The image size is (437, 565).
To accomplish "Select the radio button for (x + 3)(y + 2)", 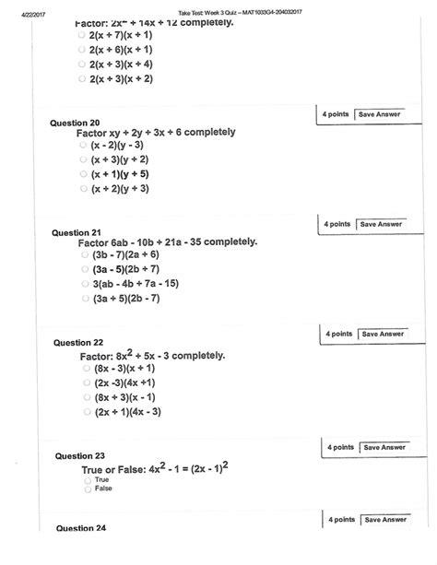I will tap(83, 159).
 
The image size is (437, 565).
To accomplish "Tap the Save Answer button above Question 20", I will tap(380, 113).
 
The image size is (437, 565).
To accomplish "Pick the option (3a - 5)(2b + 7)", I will tap(84, 269).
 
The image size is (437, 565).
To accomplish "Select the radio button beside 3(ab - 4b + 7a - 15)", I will tap(84, 284).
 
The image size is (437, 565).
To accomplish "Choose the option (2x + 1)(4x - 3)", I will tap(84, 411).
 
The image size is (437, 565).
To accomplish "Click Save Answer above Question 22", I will tap(382, 334).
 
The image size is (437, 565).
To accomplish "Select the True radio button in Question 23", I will tap(88, 480).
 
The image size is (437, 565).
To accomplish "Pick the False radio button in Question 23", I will tap(88, 489).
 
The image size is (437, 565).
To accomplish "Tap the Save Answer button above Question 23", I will tap(384, 447).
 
